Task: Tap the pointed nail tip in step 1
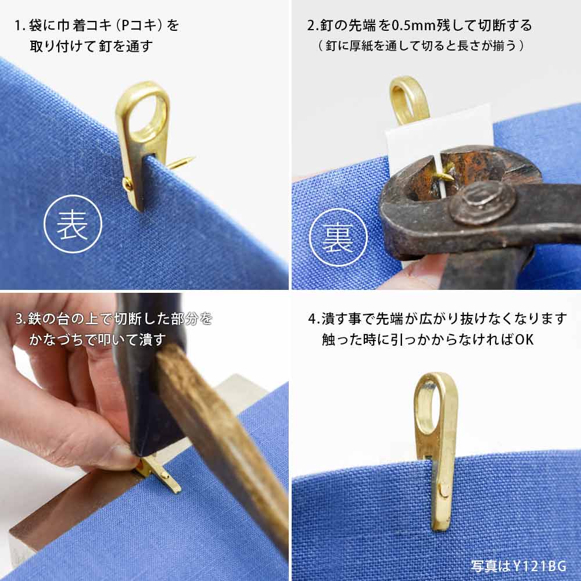click(x=191, y=159)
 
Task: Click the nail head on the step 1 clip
click(x=127, y=185)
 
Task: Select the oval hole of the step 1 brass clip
click(x=151, y=115)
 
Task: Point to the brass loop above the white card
click(x=408, y=100)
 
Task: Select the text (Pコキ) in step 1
click(x=139, y=26)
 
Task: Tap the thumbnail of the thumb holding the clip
click(x=119, y=456)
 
